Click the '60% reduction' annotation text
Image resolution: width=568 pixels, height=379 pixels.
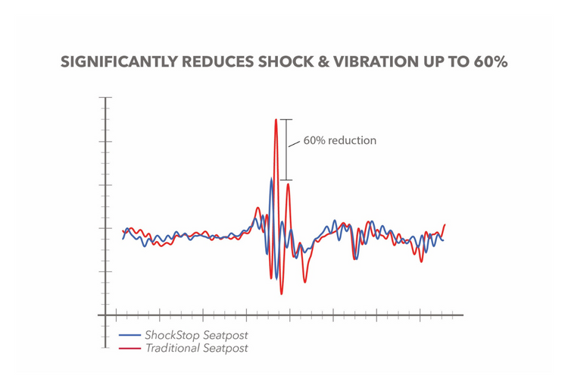(x=340, y=140)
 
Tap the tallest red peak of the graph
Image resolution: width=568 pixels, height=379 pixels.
(x=276, y=121)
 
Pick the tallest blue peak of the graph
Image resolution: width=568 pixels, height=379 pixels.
(x=271, y=179)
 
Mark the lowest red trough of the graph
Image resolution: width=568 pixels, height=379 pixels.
(x=281, y=293)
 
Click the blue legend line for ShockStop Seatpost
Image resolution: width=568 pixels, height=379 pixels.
(x=130, y=335)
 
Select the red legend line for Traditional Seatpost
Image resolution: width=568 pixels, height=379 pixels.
(x=130, y=348)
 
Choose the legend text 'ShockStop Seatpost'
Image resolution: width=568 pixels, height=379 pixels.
(x=196, y=335)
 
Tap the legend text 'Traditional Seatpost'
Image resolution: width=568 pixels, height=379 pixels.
(x=196, y=348)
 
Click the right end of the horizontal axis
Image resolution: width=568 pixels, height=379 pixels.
(x=461, y=315)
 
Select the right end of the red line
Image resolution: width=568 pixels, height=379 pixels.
(x=445, y=224)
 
